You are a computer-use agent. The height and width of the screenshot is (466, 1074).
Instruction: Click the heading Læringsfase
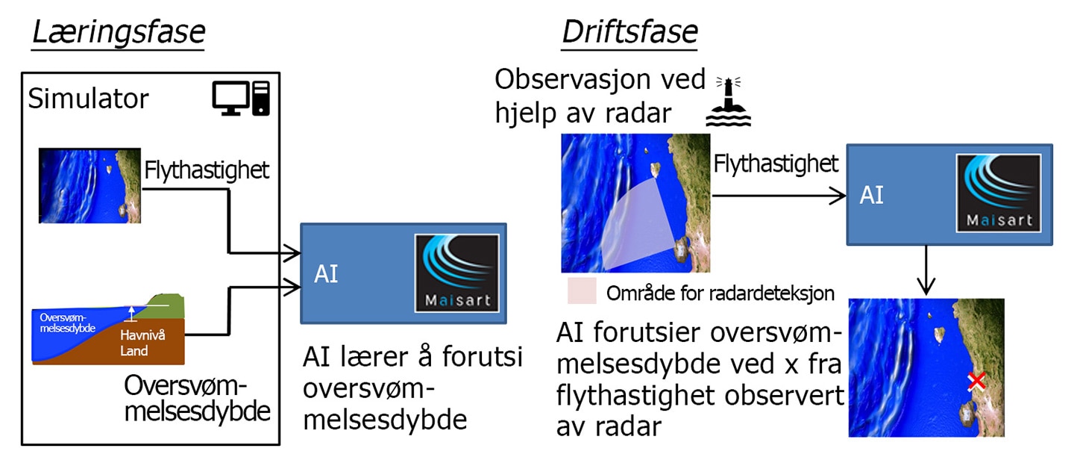point(119,33)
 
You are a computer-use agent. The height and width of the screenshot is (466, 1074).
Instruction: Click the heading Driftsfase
point(629,33)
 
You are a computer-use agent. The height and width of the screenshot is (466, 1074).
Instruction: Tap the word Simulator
point(88,99)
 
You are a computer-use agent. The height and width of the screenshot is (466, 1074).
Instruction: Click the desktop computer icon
point(241,99)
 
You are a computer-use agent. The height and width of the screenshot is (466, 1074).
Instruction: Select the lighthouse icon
point(728,102)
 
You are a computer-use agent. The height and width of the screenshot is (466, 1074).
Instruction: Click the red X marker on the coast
point(976,381)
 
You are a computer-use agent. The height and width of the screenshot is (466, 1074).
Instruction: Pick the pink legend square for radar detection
point(582,291)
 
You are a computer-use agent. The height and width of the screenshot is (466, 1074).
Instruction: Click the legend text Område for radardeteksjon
point(720,293)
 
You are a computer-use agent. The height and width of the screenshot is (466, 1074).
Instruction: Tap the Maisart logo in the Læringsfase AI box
point(457,273)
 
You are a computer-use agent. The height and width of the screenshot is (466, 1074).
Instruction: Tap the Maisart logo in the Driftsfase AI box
point(999,193)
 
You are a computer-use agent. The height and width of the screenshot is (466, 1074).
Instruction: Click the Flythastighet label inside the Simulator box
point(207,170)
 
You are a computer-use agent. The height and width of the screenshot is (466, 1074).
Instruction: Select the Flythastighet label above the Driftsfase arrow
point(776,164)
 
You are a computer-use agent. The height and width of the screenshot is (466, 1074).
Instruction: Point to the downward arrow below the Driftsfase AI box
point(926,270)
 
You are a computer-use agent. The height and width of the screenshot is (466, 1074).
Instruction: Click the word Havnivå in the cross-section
point(142,335)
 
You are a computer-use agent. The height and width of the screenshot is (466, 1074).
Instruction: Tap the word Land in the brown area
point(134,351)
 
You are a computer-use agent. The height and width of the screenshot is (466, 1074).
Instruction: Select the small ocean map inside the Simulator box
point(89,186)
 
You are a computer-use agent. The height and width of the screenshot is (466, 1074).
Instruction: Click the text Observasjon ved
point(600,79)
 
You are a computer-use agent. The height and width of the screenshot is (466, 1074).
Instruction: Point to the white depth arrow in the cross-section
point(131,314)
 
